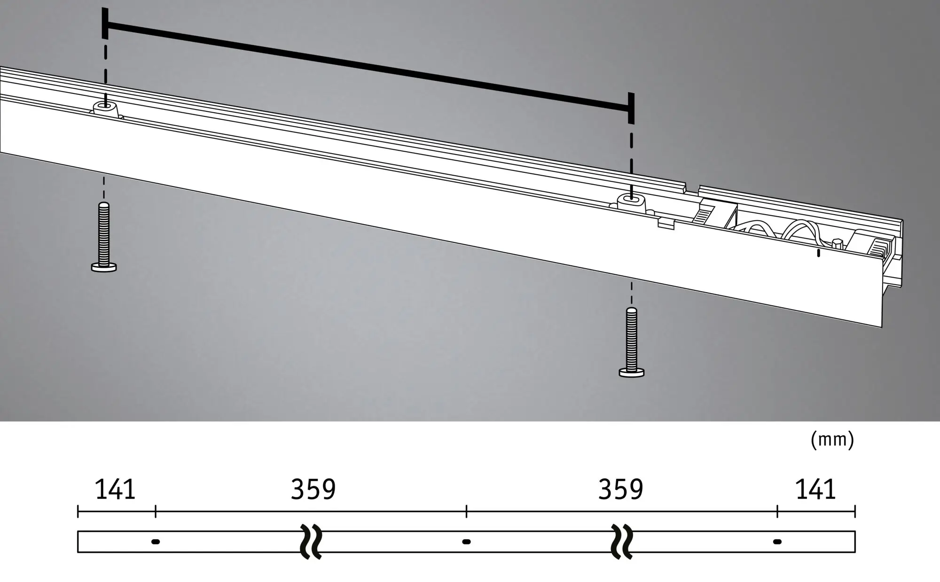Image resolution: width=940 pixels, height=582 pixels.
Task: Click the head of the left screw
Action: (104, 267)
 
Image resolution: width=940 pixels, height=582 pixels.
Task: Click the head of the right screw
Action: (631, 372)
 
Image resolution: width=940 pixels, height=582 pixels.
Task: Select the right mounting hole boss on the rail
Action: (631, 203)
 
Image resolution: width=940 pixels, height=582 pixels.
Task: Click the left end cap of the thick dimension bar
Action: (105, 23)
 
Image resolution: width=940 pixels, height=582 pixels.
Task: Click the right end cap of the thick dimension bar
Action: (631, 109)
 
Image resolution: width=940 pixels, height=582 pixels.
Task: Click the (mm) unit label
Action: (832, 440)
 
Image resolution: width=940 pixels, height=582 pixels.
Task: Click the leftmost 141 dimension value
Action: (115, 489)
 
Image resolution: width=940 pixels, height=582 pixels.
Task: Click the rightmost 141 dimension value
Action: (815, 489)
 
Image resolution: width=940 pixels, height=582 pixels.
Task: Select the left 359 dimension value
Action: (313, 489)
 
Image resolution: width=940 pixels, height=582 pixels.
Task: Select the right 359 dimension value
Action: (620, 489)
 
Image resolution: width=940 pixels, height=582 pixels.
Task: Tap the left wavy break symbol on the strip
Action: (311, 542)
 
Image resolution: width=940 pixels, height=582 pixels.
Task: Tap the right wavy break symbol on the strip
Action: (622, 542)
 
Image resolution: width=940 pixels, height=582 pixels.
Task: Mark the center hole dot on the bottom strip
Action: (466, 542)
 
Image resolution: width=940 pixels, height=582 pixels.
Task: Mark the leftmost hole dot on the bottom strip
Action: (156, 542)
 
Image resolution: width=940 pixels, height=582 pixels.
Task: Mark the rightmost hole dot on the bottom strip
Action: (777, 542)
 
